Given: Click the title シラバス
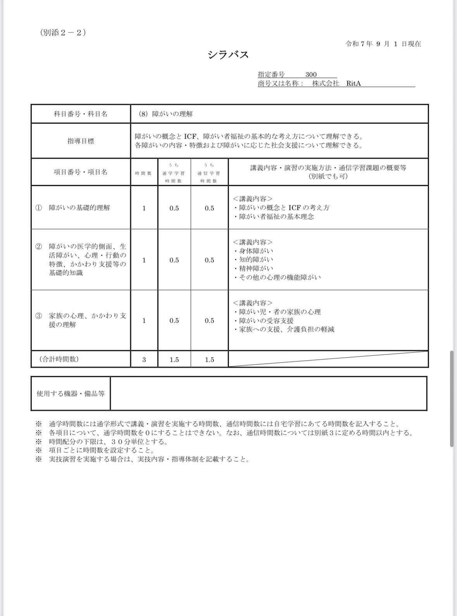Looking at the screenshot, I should [228, 55].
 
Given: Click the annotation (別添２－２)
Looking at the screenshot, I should [63, 33].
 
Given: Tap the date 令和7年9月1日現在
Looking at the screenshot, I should [383, 44].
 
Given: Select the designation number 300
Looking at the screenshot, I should [311, 74].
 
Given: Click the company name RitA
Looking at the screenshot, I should [354, 83].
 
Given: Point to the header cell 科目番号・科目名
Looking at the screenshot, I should [81, 114].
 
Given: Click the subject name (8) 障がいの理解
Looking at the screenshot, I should [166, 114].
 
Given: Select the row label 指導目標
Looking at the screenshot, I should [81, 141].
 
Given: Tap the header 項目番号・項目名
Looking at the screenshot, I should [81, 172].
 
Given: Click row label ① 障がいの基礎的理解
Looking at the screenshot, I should [73, 208].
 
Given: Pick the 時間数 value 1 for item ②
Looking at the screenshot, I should [144, 260].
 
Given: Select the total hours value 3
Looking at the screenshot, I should [144, 360].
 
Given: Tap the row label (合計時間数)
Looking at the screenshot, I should [59, 359].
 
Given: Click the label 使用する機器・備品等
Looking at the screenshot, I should [71, 394].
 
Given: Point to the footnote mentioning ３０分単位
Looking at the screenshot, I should [108, 442].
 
